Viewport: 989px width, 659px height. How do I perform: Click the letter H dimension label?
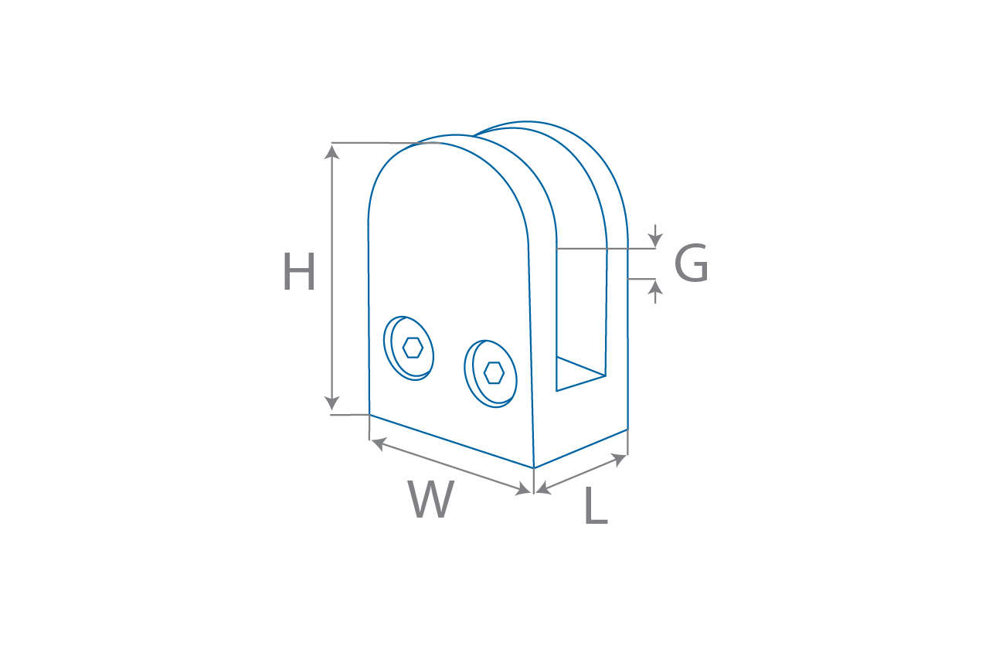299,271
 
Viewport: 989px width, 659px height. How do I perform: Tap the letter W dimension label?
430,499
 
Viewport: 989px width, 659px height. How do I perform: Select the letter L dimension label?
596,505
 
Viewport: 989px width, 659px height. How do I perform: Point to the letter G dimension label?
692,263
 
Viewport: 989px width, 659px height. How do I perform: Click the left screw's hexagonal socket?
413,348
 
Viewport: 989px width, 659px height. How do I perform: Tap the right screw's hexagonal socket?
494,373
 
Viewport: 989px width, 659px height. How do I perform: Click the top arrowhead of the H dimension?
331,152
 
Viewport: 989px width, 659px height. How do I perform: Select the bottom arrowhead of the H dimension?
331,403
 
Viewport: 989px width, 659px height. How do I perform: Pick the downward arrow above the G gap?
656,236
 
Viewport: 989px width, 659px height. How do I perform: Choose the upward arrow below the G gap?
656,292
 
